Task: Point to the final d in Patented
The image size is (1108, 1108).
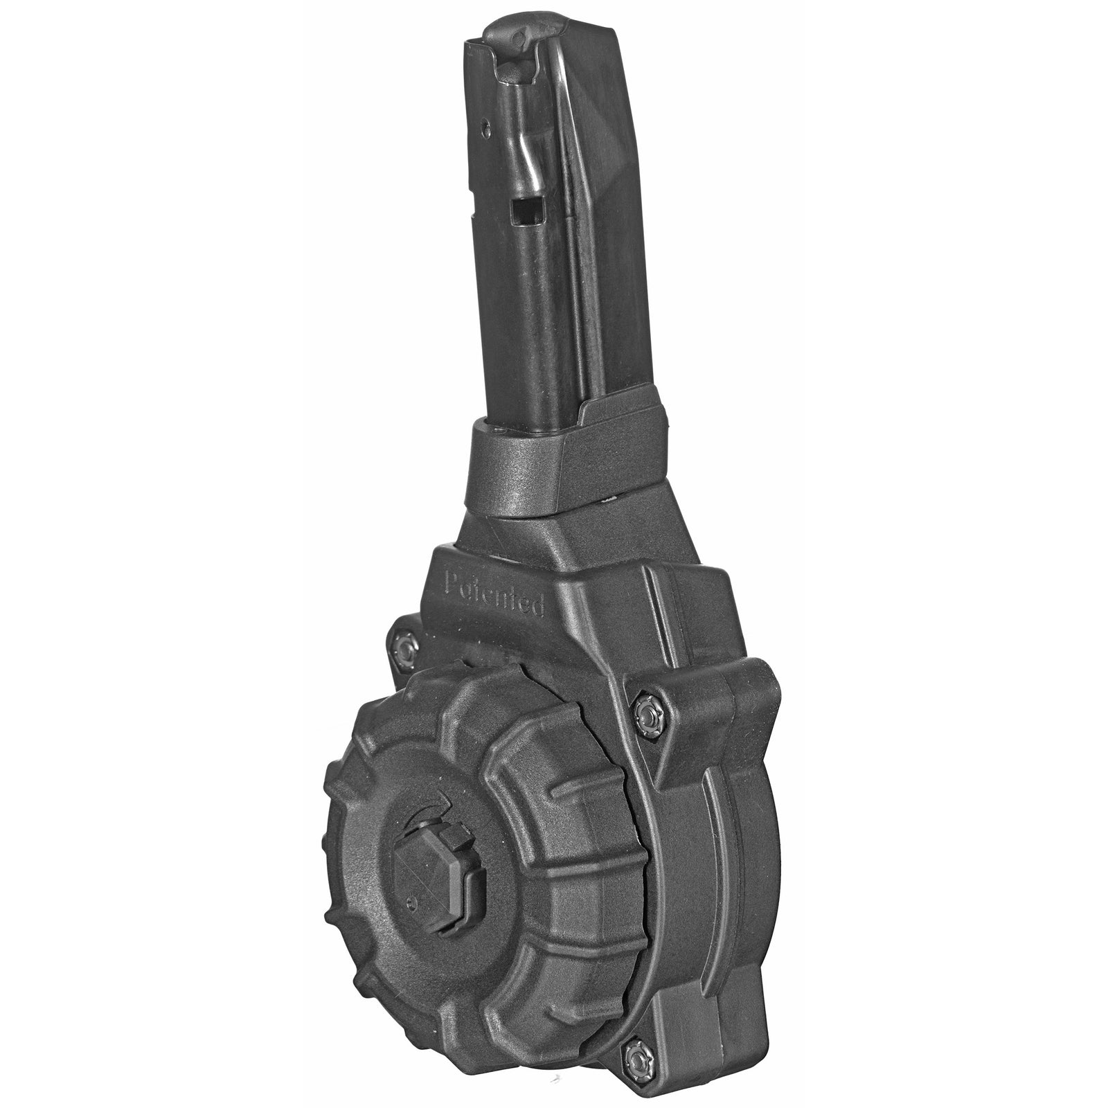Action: [x=537, y=609]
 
